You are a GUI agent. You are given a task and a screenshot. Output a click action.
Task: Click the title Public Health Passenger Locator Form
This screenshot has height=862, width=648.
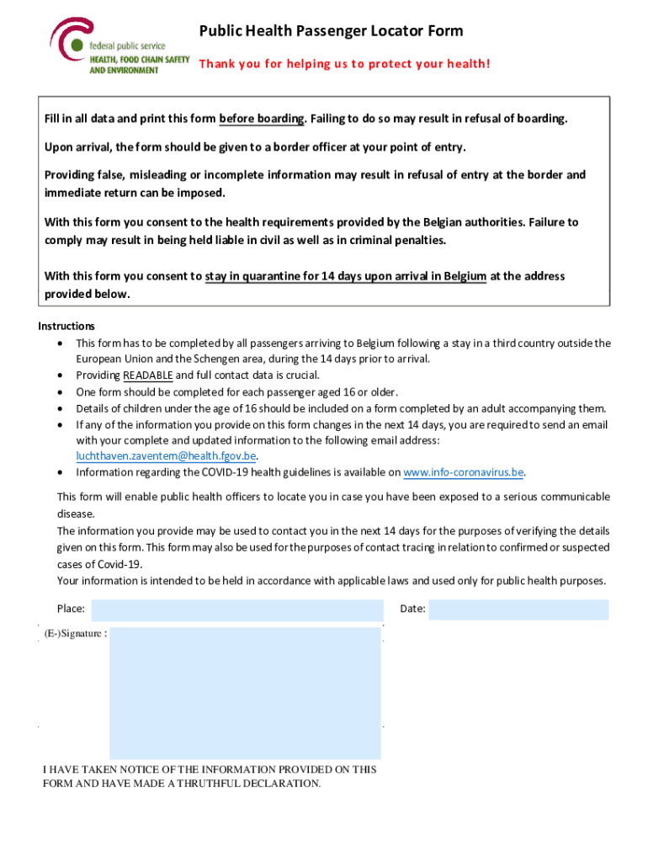click(331, 31)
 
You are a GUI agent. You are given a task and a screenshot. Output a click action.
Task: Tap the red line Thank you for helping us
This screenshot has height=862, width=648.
click(343, 63)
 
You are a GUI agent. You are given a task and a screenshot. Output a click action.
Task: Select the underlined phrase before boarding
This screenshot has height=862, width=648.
click(261, 119)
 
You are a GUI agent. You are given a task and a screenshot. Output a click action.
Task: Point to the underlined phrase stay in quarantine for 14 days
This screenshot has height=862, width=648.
click(345, 276)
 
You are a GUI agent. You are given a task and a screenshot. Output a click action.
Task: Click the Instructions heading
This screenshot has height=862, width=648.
click(66, 326)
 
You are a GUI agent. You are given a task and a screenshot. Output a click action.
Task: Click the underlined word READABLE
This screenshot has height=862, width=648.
click(148, 375)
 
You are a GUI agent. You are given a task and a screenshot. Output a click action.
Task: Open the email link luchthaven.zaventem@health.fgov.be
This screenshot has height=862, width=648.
click(166, 456)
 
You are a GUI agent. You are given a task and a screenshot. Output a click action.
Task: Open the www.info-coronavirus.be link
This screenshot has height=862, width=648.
click(465, 472)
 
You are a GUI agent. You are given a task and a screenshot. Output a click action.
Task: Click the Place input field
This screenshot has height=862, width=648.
click(236, 609)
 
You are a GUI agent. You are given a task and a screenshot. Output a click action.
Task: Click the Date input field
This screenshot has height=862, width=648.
click(518, 609)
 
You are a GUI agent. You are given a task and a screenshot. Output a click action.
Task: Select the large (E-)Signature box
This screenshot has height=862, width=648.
click(245, 693)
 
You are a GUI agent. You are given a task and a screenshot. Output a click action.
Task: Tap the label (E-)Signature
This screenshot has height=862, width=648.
click(75, 634)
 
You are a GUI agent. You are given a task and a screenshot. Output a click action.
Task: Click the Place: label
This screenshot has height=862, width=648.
click(71, 609)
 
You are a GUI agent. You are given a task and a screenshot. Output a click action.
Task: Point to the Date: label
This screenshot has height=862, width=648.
click(412, 609)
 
